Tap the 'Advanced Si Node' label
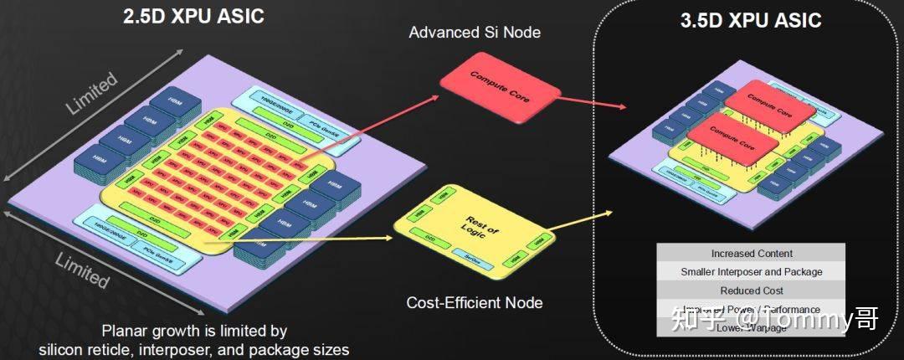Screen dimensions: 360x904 475,33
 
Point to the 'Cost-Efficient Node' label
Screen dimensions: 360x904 475,302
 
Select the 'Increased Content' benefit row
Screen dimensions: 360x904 751,254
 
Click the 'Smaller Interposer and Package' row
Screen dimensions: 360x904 751,272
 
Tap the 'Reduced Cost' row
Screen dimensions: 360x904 751,291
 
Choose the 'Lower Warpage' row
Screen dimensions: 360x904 751,327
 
